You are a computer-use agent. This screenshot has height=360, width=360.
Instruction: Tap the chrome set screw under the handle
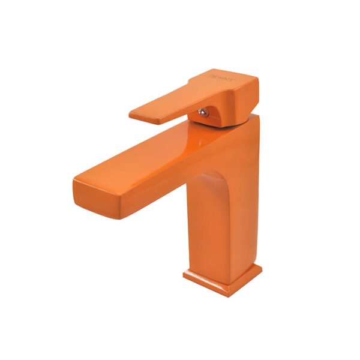tap(204, 112)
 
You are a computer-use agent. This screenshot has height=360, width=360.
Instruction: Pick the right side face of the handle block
tap(253, 99)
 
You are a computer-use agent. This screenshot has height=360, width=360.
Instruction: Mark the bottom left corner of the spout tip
tap(78, 194)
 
